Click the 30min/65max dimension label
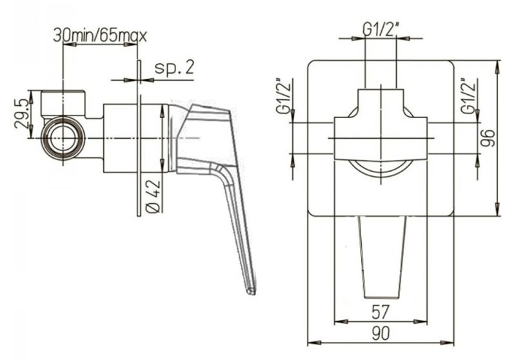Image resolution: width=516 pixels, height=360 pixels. [x=100, y=35]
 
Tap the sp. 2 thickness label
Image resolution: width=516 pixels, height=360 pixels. [x=174, y=67]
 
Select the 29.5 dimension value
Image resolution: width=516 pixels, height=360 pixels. [x=21, y=114]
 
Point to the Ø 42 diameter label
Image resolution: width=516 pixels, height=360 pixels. [x=154, y=197]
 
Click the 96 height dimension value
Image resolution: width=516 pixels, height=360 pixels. [x=488, y=138]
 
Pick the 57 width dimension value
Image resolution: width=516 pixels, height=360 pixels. [x=381, y=312]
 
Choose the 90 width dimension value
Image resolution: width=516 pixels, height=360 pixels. [x=381, y=333]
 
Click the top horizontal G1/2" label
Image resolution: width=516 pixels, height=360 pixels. [x=381, y=30]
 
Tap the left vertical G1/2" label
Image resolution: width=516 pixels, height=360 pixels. [x=283, y=97]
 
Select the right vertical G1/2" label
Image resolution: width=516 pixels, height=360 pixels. [x=468, y=97]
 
